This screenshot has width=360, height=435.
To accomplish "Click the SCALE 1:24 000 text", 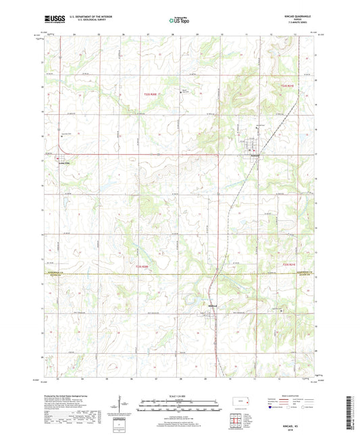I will (180, 395).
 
